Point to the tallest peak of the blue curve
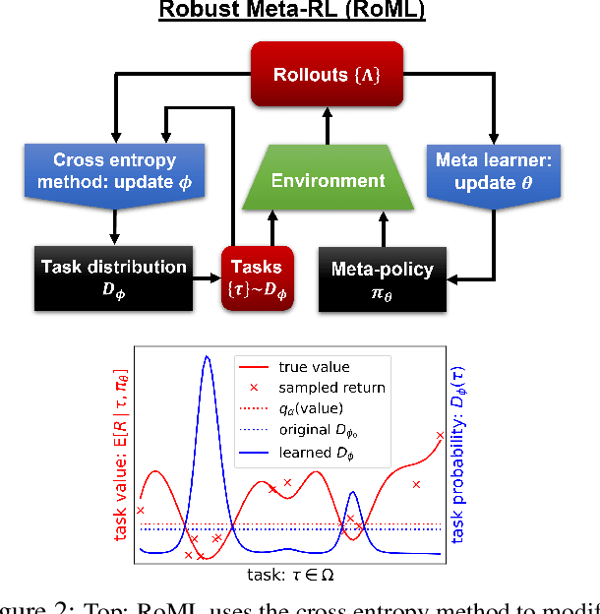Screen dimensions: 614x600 [x=207, y=358]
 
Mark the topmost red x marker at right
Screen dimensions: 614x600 [x=440, y=435]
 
